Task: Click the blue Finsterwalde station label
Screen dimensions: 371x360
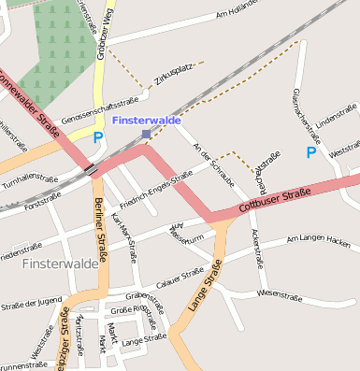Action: pos(147,121)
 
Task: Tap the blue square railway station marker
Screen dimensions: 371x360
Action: pos(146,135)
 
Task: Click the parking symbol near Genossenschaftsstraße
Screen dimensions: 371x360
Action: pos(98,138)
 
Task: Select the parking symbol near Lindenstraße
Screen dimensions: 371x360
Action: pos(311,152)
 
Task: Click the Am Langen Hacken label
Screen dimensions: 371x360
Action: pos(318,241)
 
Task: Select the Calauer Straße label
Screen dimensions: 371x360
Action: pos(180,278)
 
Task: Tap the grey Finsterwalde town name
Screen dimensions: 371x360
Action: pos(56,265)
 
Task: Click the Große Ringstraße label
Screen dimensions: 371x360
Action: pos(131,308)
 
